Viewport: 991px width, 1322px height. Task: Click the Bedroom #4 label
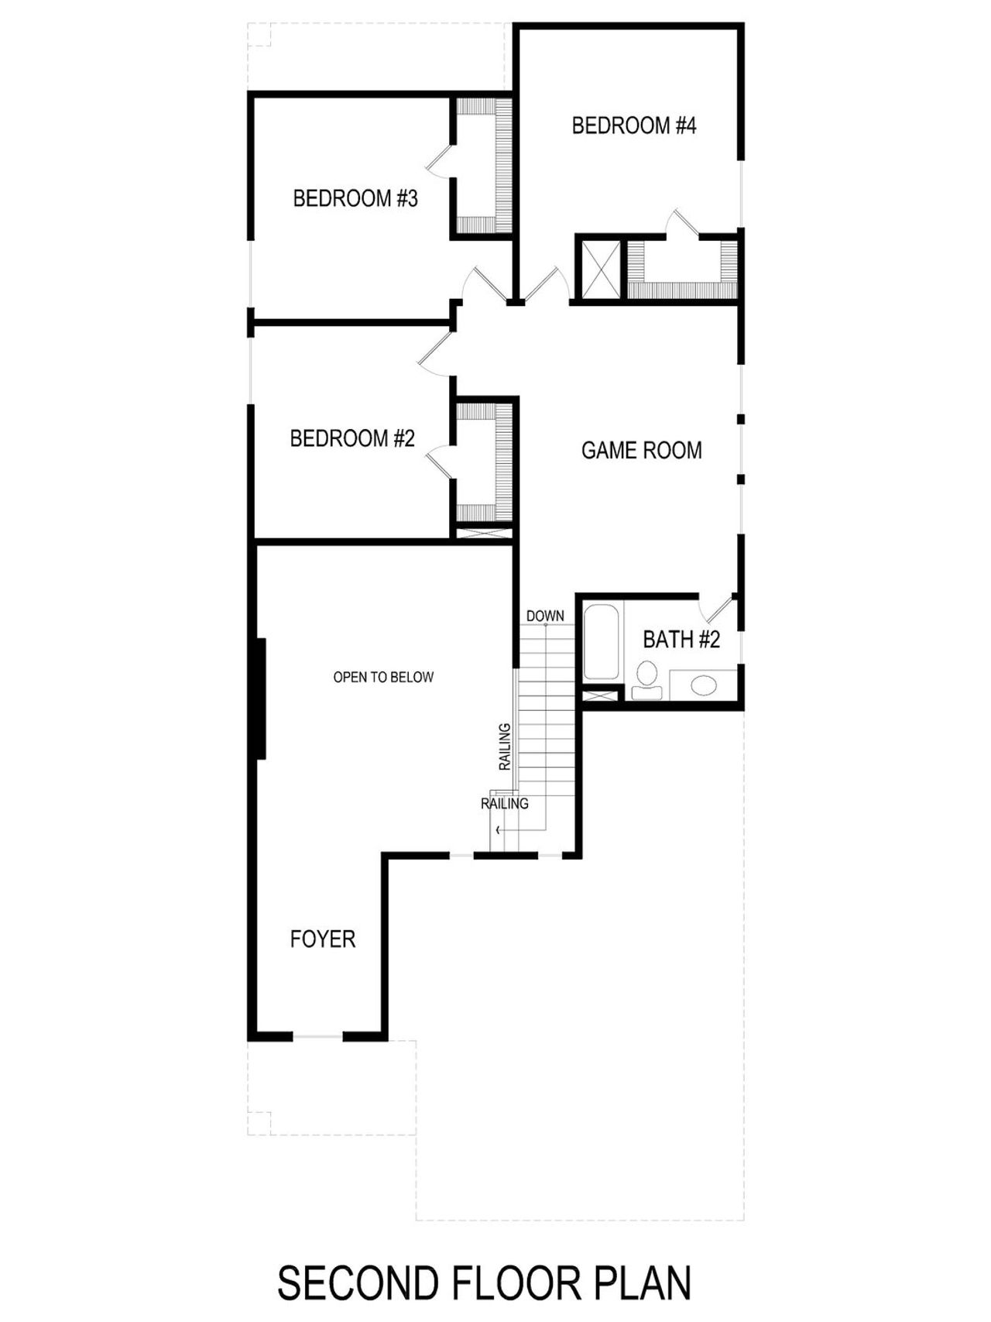point(634,125)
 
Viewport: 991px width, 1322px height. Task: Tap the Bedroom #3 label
point(355,199)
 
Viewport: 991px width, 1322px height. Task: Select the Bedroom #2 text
point(352,439)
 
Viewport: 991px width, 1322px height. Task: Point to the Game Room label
point(641,451)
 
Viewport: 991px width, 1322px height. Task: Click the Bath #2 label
point(681,640)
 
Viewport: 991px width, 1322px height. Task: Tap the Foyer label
point(323,939)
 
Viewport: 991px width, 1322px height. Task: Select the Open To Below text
point(383,678)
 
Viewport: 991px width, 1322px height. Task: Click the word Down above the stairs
point(545,616)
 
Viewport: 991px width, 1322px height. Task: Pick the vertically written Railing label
point(505,747)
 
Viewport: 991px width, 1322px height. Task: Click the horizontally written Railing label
point(505,804)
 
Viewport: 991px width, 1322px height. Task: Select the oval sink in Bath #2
point(704,686)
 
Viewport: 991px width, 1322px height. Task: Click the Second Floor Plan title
point(485,1283)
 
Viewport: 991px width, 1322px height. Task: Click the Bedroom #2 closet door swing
point(439,462)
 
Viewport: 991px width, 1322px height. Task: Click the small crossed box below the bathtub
point(600,695)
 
